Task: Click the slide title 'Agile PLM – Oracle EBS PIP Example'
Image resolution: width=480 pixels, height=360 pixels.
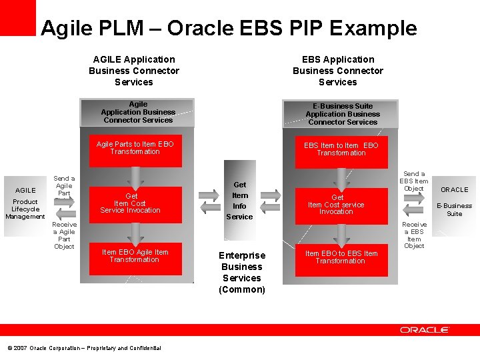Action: [x=229, y=28]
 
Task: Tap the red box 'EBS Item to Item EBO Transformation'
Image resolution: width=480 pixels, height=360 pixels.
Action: [x=341, y=152]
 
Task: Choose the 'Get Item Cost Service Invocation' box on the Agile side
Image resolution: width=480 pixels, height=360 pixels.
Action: [x=135, y=204]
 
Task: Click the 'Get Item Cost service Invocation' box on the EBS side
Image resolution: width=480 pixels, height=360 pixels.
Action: [x=341, y=205]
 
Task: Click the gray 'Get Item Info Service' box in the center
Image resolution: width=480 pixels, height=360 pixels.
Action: [x=239, y=200]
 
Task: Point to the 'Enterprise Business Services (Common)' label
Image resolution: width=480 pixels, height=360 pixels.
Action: [x=242, y=272]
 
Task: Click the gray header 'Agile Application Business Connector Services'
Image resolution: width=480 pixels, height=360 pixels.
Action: [x=138, y=112]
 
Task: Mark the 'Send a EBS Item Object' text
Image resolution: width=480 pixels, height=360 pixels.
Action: [x=414, y=181]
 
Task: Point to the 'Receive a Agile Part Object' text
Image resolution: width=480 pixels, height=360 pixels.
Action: [x=64, y=235]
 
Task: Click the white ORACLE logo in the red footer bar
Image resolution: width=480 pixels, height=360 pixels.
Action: [x=425, y=330]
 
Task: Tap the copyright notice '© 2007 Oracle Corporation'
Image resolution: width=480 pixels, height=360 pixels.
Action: [x=84, y=348]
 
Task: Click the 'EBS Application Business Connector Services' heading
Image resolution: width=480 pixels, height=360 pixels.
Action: [x=337, y=71]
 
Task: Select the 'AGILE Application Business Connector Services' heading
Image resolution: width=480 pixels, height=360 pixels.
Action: [x=134, y=71]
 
